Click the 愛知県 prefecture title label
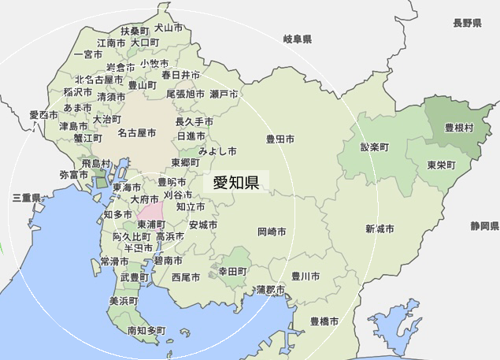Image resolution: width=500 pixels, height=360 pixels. pyautogui.click(x=236, y=183)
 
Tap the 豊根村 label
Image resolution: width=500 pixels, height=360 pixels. pyautogui.click(x=459, y=127)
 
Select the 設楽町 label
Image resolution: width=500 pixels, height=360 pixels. pyautogui.click(x=375, y=147)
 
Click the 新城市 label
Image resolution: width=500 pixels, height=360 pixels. pyautogui.click(x=380, y=228)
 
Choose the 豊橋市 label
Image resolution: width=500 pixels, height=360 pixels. pyautogui.click(x=324, y=321)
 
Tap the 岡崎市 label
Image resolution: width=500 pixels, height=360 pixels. pyautogui.click(x=272, y=232)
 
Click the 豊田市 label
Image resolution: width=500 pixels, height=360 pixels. pyautogui.click(x=280, y=139)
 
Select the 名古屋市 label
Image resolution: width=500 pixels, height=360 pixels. pyautogui.click(x=137, y=133)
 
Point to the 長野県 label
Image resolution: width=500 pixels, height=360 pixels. pyautogui.click(x=467, y=24)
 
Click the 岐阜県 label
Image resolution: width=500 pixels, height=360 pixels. pyautogui.click(x=298, y=39)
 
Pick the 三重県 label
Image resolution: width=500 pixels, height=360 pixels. pyautogui.click(x=25, y=198)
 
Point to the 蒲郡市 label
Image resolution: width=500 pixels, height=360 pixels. pyautogui.click(x=271, y=290)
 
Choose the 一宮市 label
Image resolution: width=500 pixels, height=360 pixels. pyautogui.click(x=87, y=54)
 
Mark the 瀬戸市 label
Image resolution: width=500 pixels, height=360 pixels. pyautogui.click(x=224, y=94)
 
